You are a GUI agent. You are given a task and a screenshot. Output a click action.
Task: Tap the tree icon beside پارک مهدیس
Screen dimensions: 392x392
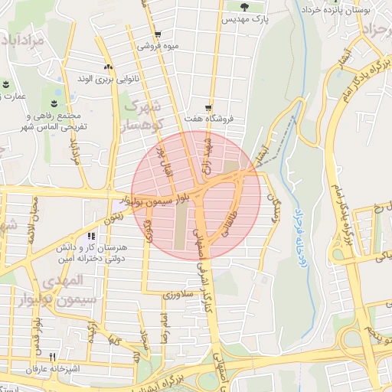tap(243, 7)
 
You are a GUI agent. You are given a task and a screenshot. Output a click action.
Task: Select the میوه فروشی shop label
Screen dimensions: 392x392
tap(158, 46)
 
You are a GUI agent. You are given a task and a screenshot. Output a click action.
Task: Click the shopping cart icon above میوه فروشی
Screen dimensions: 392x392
tap(157, 34)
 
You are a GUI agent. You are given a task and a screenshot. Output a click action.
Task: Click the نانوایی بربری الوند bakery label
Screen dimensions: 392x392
tap(106, 79)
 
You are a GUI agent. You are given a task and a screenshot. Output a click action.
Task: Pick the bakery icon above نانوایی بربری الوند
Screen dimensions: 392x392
tap(107, 67)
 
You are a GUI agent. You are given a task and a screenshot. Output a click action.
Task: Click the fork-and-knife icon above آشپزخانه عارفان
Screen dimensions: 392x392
tap(52, 357)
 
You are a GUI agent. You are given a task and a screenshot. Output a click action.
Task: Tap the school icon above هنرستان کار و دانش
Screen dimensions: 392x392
tap(91, 237)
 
